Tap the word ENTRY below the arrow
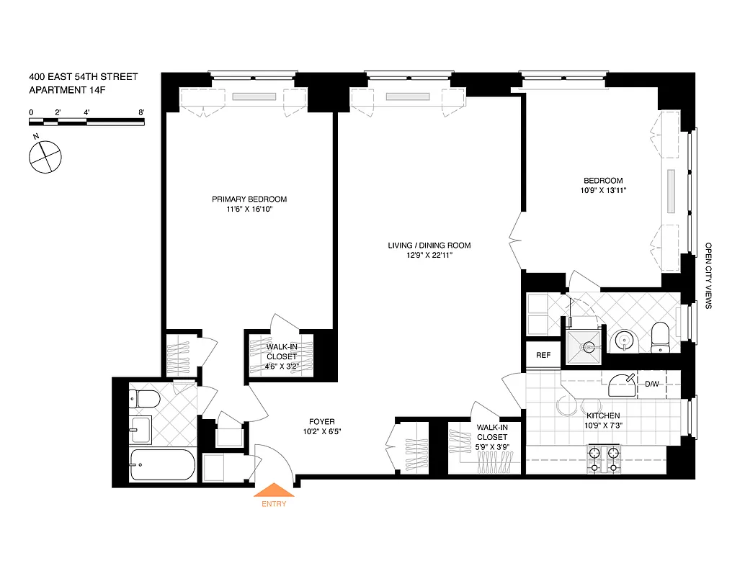pos(275,504)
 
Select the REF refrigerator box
pos(543,355)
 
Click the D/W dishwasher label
pos(652,383)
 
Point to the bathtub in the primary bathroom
pos(162,465)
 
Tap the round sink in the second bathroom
pos(623,340)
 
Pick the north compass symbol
pos(45,156)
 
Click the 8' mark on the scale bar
pos(141,112)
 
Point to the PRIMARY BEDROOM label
pos(249,199)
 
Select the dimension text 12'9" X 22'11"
pos(429,256)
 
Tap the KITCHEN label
pos(603,416)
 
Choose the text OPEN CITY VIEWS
pos(709,275)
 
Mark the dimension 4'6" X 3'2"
pos(282,366)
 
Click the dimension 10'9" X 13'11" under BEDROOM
pos(603,191)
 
